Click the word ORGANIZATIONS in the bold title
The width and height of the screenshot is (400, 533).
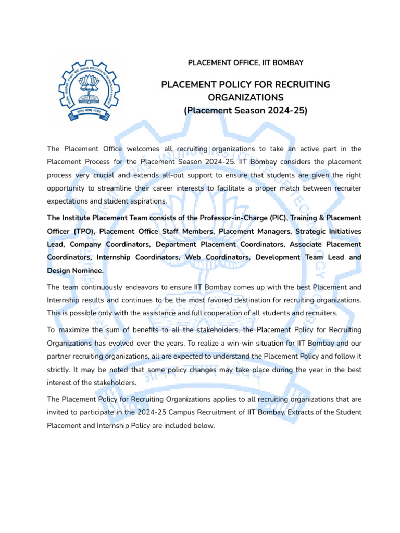coord(246,97)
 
